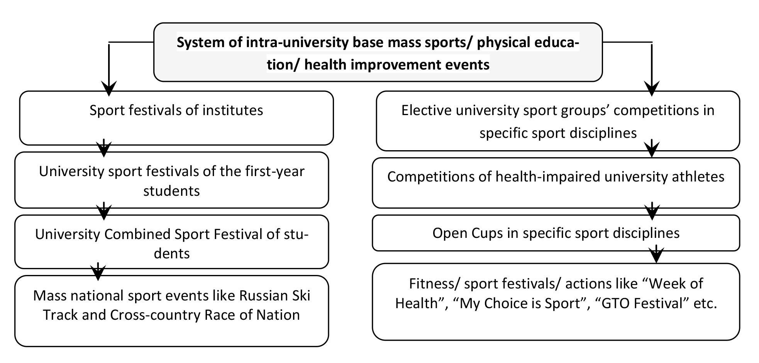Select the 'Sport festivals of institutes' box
point(176,118)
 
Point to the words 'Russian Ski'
point(275,295)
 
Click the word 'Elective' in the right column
point(426,110)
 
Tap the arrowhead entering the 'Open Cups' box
point(652,212)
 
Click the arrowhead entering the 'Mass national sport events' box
point(98,273)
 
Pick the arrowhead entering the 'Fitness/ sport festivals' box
point(656,256)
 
